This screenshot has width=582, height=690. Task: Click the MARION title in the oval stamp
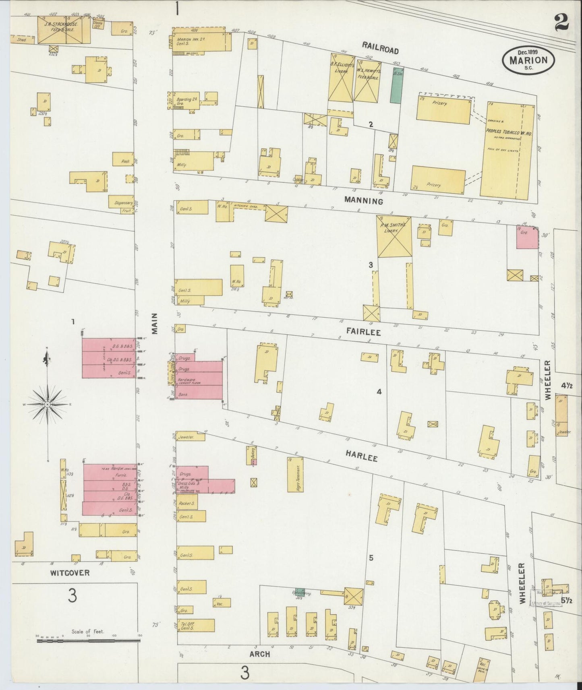tap(528, 60)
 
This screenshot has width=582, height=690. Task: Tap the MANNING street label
tap(364, 201)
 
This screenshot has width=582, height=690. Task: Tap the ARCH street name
tap(259, 655)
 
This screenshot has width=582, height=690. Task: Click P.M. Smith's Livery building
tap(394, 236)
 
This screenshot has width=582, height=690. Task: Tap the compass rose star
tap(48, 404)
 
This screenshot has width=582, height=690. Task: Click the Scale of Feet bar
tap(88, 640)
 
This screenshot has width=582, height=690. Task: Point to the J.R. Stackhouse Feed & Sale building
tap(64, 29)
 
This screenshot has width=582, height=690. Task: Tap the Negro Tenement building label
tap(298, 475)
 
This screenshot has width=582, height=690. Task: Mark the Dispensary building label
tap(122, 203)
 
